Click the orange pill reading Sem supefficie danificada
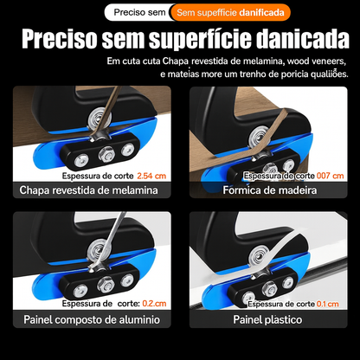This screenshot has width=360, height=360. pos(231,12)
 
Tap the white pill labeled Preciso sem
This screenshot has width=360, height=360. pos(139,12)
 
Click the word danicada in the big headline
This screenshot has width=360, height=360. pos(303,39)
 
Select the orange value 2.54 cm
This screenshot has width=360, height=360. pos(151,176)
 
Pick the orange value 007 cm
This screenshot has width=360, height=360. pos(331,176)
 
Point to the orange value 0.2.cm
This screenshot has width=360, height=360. pos(154,304)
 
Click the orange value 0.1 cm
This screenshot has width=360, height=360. pos(328,304)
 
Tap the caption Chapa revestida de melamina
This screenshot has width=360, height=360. pos(89,190)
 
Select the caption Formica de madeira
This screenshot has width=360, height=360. pos(270,190)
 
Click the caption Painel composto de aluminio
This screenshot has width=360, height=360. pos(92,319)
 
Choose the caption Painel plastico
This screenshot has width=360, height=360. pos(267,319)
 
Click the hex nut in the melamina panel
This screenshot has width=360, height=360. pos(106,153)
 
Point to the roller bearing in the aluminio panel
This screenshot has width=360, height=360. pos(97,248)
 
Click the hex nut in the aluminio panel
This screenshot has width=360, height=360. pos(106,284)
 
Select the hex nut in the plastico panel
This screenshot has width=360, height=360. pos(270,288)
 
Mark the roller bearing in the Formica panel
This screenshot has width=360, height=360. pos(258,137)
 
